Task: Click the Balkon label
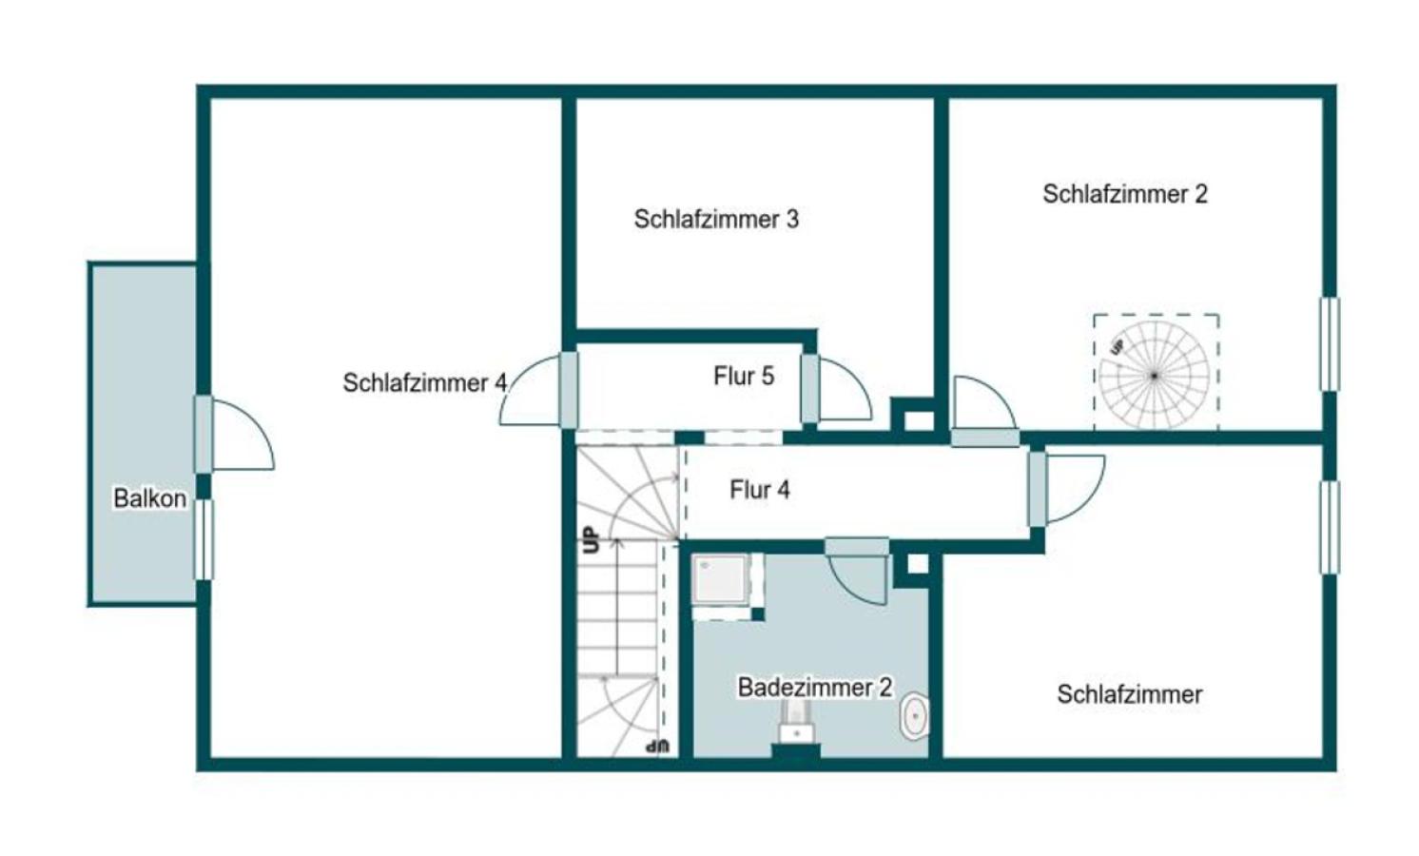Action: (x=149, y=497)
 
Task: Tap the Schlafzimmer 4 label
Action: (x=424, y=382)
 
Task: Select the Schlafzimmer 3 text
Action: (x=716, y=219)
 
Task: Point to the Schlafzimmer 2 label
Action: (x=1124, y=194)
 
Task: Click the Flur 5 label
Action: (x=744, y=376)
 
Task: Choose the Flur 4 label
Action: (x=759, y=490)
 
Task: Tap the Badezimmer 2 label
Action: (x=815, y=687)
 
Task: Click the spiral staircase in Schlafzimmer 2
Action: (x=1155, y=374)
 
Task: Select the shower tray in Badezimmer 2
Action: (x=720, y=580)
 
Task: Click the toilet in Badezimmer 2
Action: (x=914, y=716)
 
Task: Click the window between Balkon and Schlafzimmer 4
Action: (x=203, y=538)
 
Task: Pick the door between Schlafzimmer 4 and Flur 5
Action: (x=568, y=389)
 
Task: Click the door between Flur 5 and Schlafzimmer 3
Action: (x=809, y=388)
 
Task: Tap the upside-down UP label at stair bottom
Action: (x=657, y=746)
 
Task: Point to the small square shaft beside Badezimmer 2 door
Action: (x=916, y=564)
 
